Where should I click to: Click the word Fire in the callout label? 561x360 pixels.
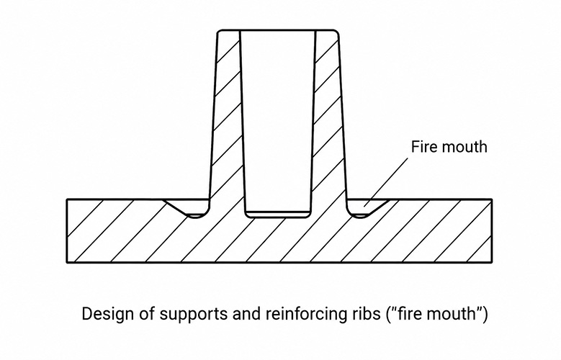click(x=421, y=147)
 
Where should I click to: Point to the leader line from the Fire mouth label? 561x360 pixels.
click(x=386, y=182)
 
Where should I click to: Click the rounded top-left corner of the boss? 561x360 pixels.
click(x=220, y=32)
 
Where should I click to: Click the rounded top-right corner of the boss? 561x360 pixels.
click(x=336, y=32)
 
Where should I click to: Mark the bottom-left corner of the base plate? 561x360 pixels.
click(x=67, y=262)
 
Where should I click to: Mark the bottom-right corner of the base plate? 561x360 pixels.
click(x=492, y=262)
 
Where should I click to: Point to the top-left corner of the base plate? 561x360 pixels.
click(x=67, y=199)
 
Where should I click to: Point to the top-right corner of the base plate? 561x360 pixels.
click(x=492, y=199)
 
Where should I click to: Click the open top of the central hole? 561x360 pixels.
click(x=278, y=31)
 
